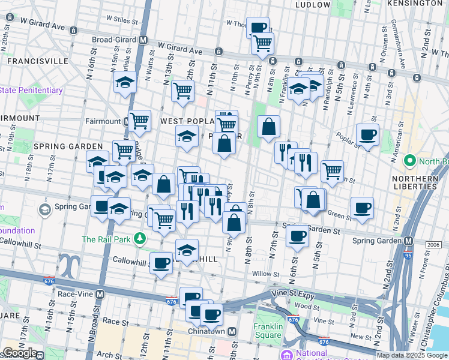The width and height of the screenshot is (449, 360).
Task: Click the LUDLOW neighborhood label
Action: coord(312,5)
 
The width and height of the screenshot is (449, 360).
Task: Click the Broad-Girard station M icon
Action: coord(143,40)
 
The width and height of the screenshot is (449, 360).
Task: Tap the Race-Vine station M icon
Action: coord(100,295)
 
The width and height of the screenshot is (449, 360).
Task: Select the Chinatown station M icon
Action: coord(232,332)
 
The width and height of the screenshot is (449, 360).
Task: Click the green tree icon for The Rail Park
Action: coord(140,239)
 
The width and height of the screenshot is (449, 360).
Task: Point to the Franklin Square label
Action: coord(268,332)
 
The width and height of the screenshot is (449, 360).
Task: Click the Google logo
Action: coord(19,353)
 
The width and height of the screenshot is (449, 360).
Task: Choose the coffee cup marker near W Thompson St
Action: coord(258,27)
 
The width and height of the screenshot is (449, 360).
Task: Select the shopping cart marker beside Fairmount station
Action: coord(140,120)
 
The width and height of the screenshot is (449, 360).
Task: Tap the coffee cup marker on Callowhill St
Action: coord(161,263)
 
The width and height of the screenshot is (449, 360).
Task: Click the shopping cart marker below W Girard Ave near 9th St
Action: coord(262,43)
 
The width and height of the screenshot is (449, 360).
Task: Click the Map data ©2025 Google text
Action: coord(412,355)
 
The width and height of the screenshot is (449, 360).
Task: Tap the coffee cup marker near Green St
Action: coord(362,208)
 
